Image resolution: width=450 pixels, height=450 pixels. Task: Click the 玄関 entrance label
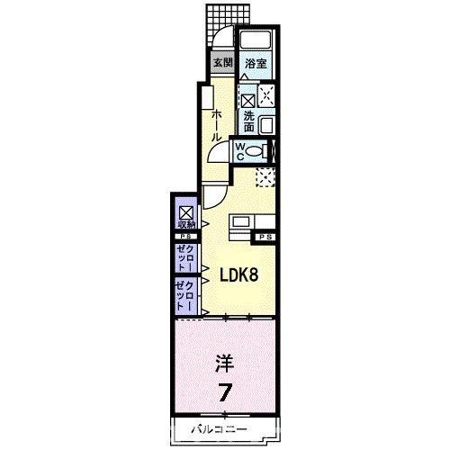pyautogui.click(x=222, y=63)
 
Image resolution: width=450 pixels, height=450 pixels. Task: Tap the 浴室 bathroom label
pyautogui.click(x=256, y=63)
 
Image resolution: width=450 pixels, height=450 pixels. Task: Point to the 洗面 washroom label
pyautogui.click(x=249, y=121)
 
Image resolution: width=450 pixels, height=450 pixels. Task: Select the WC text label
pyautogui.click(x=241, y=150)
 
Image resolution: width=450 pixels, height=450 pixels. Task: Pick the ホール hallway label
pyautogui.click(x=216, y=126)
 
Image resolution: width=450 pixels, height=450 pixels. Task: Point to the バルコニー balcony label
pyautogui.click(x=219, y=430)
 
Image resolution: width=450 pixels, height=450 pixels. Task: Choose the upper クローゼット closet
pyautogui.click(x=184, y=256)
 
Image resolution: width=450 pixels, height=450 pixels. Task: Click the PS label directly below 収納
pyautogui.click(x=184, y=236)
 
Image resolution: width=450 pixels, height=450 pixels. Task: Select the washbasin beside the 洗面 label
pyautogui.click(x=266, y=125)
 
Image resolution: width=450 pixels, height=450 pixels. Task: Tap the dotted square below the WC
pyautogui.click(x=265, y=177)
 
